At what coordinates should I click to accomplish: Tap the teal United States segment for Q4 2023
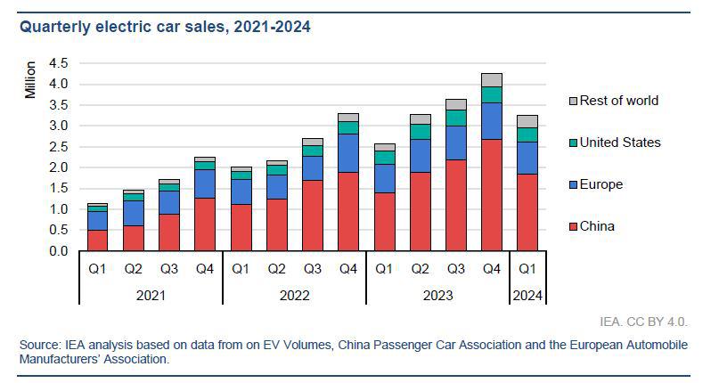(x=491, y=94)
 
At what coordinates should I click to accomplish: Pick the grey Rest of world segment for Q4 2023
(x=491, y=79)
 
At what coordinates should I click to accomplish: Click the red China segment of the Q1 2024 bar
(x=527, y=212)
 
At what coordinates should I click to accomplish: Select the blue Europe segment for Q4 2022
(x=348, y=152)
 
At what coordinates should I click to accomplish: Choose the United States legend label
(x=620, y=143)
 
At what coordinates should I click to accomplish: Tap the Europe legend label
(x=601, y=184)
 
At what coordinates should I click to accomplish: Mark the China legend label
(x=597, y=226)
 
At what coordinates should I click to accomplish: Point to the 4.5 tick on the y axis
(x=59, y=63)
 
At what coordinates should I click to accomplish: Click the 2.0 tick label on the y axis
(x=59, y=167)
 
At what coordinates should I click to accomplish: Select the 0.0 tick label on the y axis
(x=59, y=251)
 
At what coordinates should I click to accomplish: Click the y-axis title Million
(x=31, y=80)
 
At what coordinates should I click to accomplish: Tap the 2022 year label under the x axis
(x=295, y=295)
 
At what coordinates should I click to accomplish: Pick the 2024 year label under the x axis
(x=527, y=295)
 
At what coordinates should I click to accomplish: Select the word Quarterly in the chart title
(x=55, y=28)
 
